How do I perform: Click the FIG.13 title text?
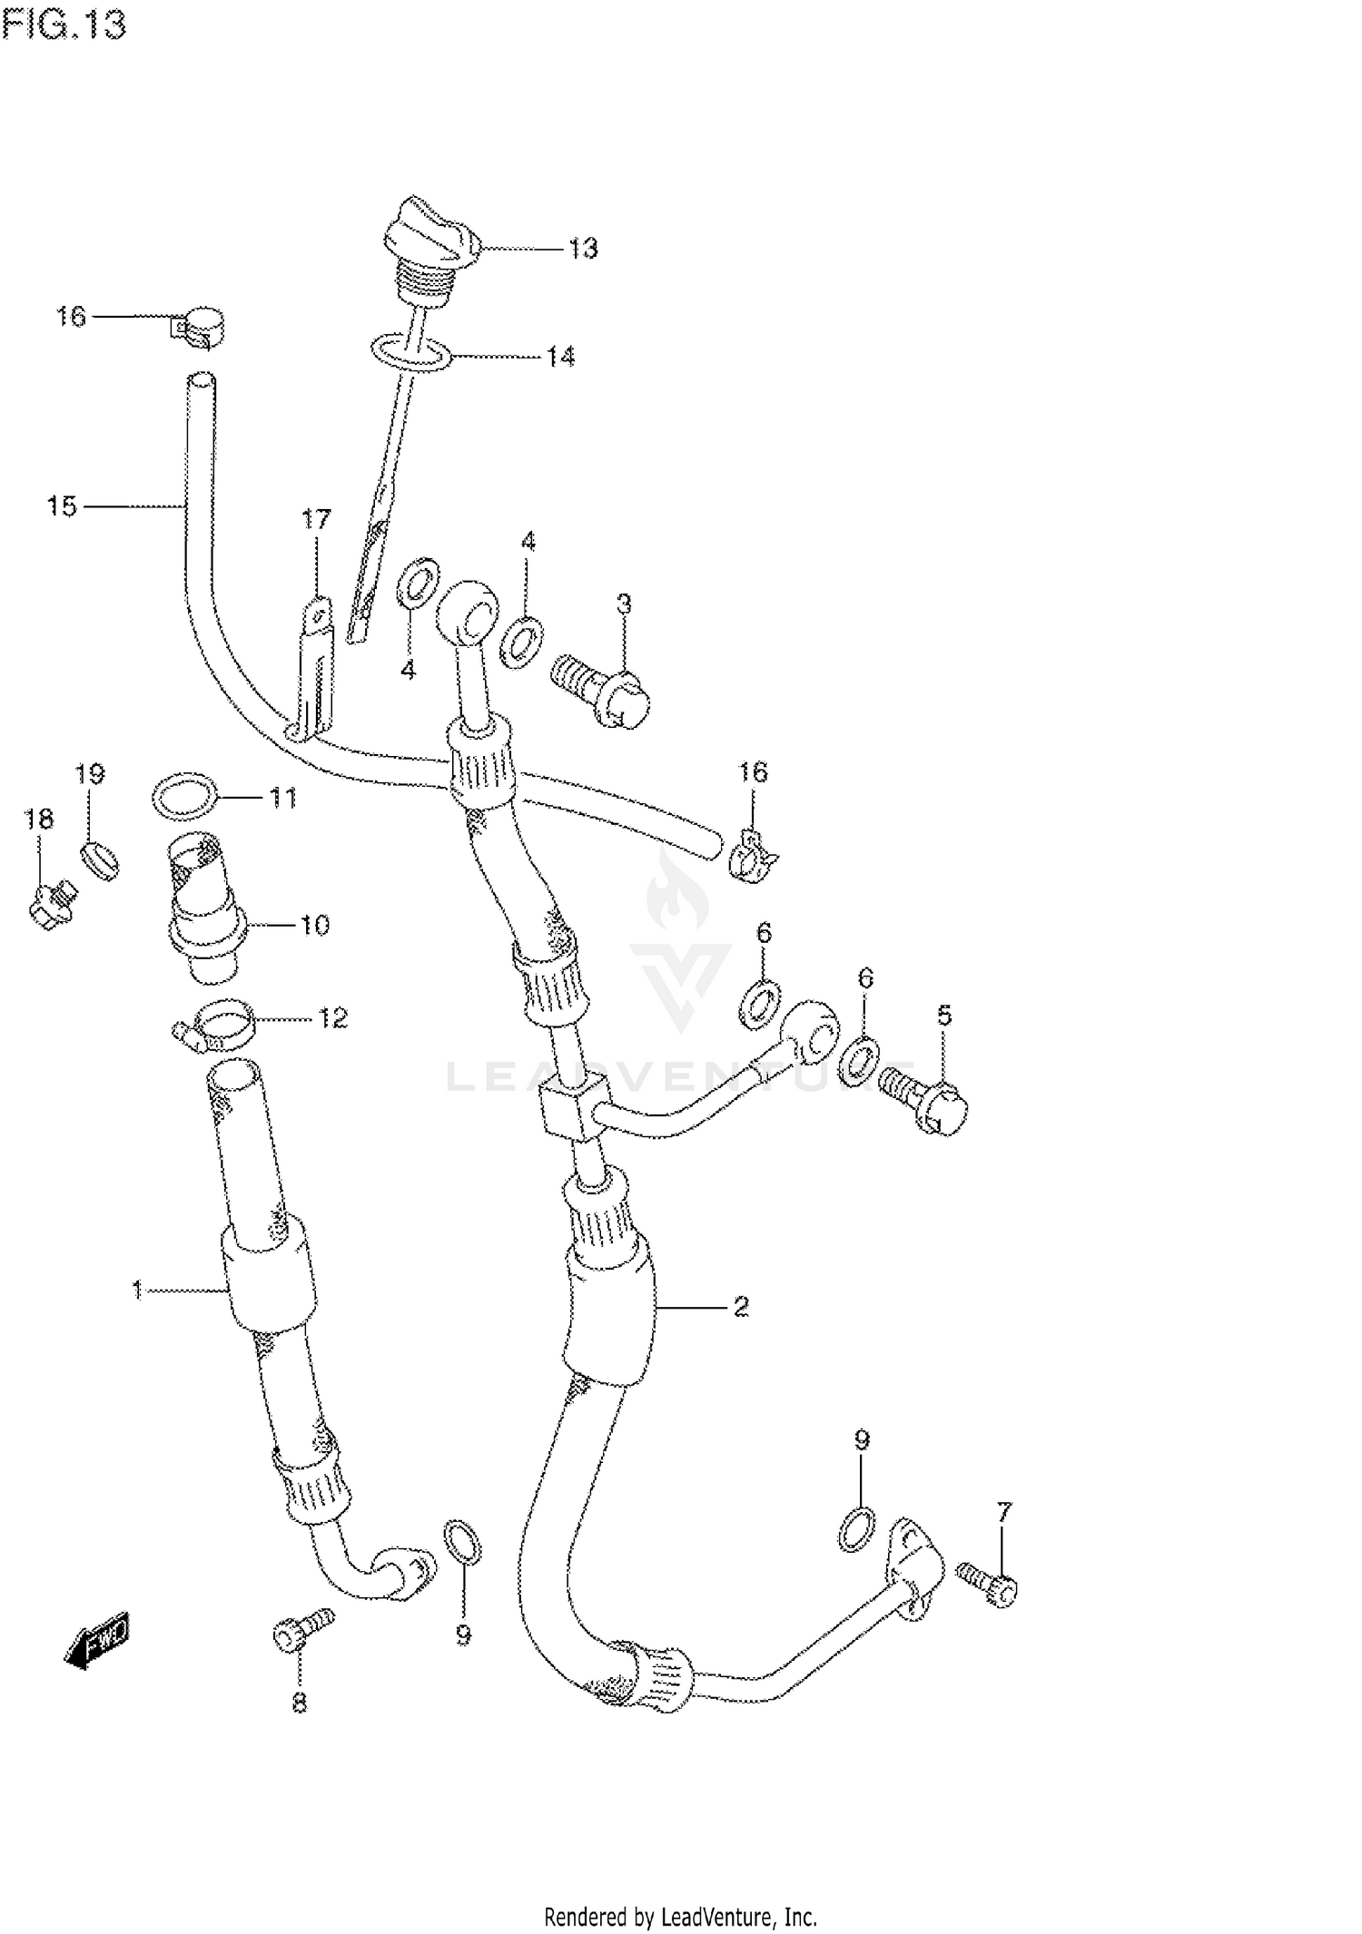point(64,25)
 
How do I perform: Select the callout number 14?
point(560,357)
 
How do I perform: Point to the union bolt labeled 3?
point(604,692)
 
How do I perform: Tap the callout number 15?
point(62,506)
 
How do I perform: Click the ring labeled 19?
point(99,858)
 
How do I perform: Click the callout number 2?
point(741,1307)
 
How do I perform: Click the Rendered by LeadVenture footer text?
point(680,1917)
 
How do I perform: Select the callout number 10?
point(314,926)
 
